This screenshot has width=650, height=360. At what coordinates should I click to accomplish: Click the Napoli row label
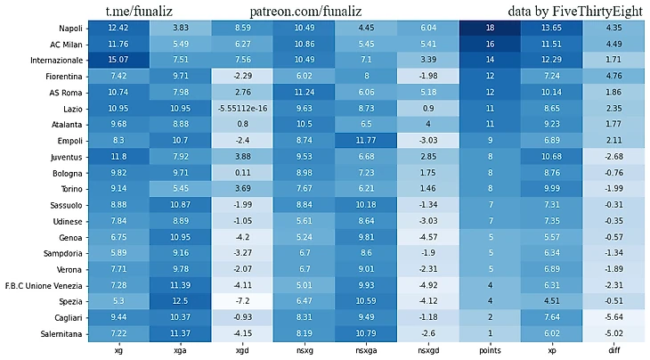click(x=67, y=29)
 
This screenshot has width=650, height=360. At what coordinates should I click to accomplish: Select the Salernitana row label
click(x=58, y=333)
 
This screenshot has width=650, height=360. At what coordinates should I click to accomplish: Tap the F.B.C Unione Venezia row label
click(x=44, y=285)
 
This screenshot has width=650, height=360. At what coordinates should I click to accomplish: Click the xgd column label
click(x=241, y=351)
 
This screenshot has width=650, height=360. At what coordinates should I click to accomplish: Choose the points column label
click(x=490, y=351)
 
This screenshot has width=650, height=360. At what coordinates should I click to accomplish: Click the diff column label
click(x=613, y=351)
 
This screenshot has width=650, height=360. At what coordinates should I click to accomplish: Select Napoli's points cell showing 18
click(x=490, y=29)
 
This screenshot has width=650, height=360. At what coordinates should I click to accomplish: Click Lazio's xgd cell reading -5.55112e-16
click(x=241, y=109)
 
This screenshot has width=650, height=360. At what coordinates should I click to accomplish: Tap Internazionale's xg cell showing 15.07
click(x=118, y=61)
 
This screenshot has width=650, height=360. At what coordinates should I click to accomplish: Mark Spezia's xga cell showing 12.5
click(x=180, y=301)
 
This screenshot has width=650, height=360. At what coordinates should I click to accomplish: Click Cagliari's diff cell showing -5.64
click(x=613, y=317)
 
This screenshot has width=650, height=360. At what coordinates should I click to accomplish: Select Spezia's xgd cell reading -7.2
click(x=241, y=301)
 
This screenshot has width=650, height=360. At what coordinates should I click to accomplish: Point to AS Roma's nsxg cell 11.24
click(x=304, y=93)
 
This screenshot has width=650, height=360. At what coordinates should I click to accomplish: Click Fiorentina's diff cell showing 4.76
click(x=613, y=77)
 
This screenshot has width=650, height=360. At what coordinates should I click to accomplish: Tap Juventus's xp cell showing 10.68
click(x=551, y=157)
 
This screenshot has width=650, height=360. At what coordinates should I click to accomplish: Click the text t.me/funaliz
click(x=138, y=12)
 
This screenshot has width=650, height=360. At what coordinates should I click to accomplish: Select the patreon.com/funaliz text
click(x=306, y=12)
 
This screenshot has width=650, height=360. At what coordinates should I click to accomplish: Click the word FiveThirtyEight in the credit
click(x=591, y=12)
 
